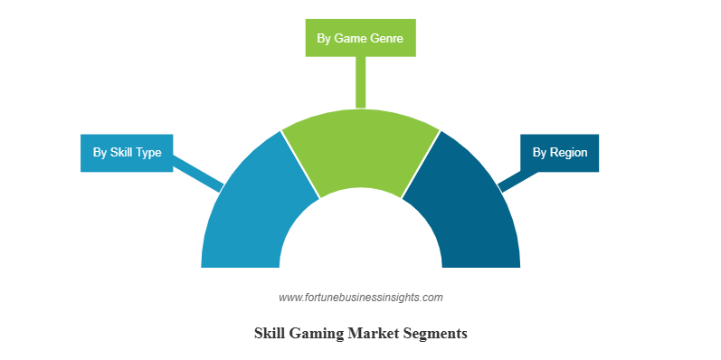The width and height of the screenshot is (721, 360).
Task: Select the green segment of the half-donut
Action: pos(360,149)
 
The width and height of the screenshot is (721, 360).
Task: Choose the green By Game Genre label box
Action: pos(360,38)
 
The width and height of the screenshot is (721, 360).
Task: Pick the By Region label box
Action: pos(559,152)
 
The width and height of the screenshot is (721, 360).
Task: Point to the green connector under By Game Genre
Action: pos(360,81)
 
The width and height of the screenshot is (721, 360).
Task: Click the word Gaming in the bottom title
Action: pos(313,334)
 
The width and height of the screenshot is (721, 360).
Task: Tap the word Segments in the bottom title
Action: pos(434,334)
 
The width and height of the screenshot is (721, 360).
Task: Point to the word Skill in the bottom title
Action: pos(269,334)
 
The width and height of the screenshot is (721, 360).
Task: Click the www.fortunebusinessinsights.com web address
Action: pos(360,297)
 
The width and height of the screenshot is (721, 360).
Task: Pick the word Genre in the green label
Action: pos(386,39)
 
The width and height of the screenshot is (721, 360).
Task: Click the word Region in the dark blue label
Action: pos(569,153)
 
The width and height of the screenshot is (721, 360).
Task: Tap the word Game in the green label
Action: pos(348,39)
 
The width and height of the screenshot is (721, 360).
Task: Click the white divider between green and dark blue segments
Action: pos(421,164)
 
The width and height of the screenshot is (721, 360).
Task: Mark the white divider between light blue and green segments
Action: pos(300,164)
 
